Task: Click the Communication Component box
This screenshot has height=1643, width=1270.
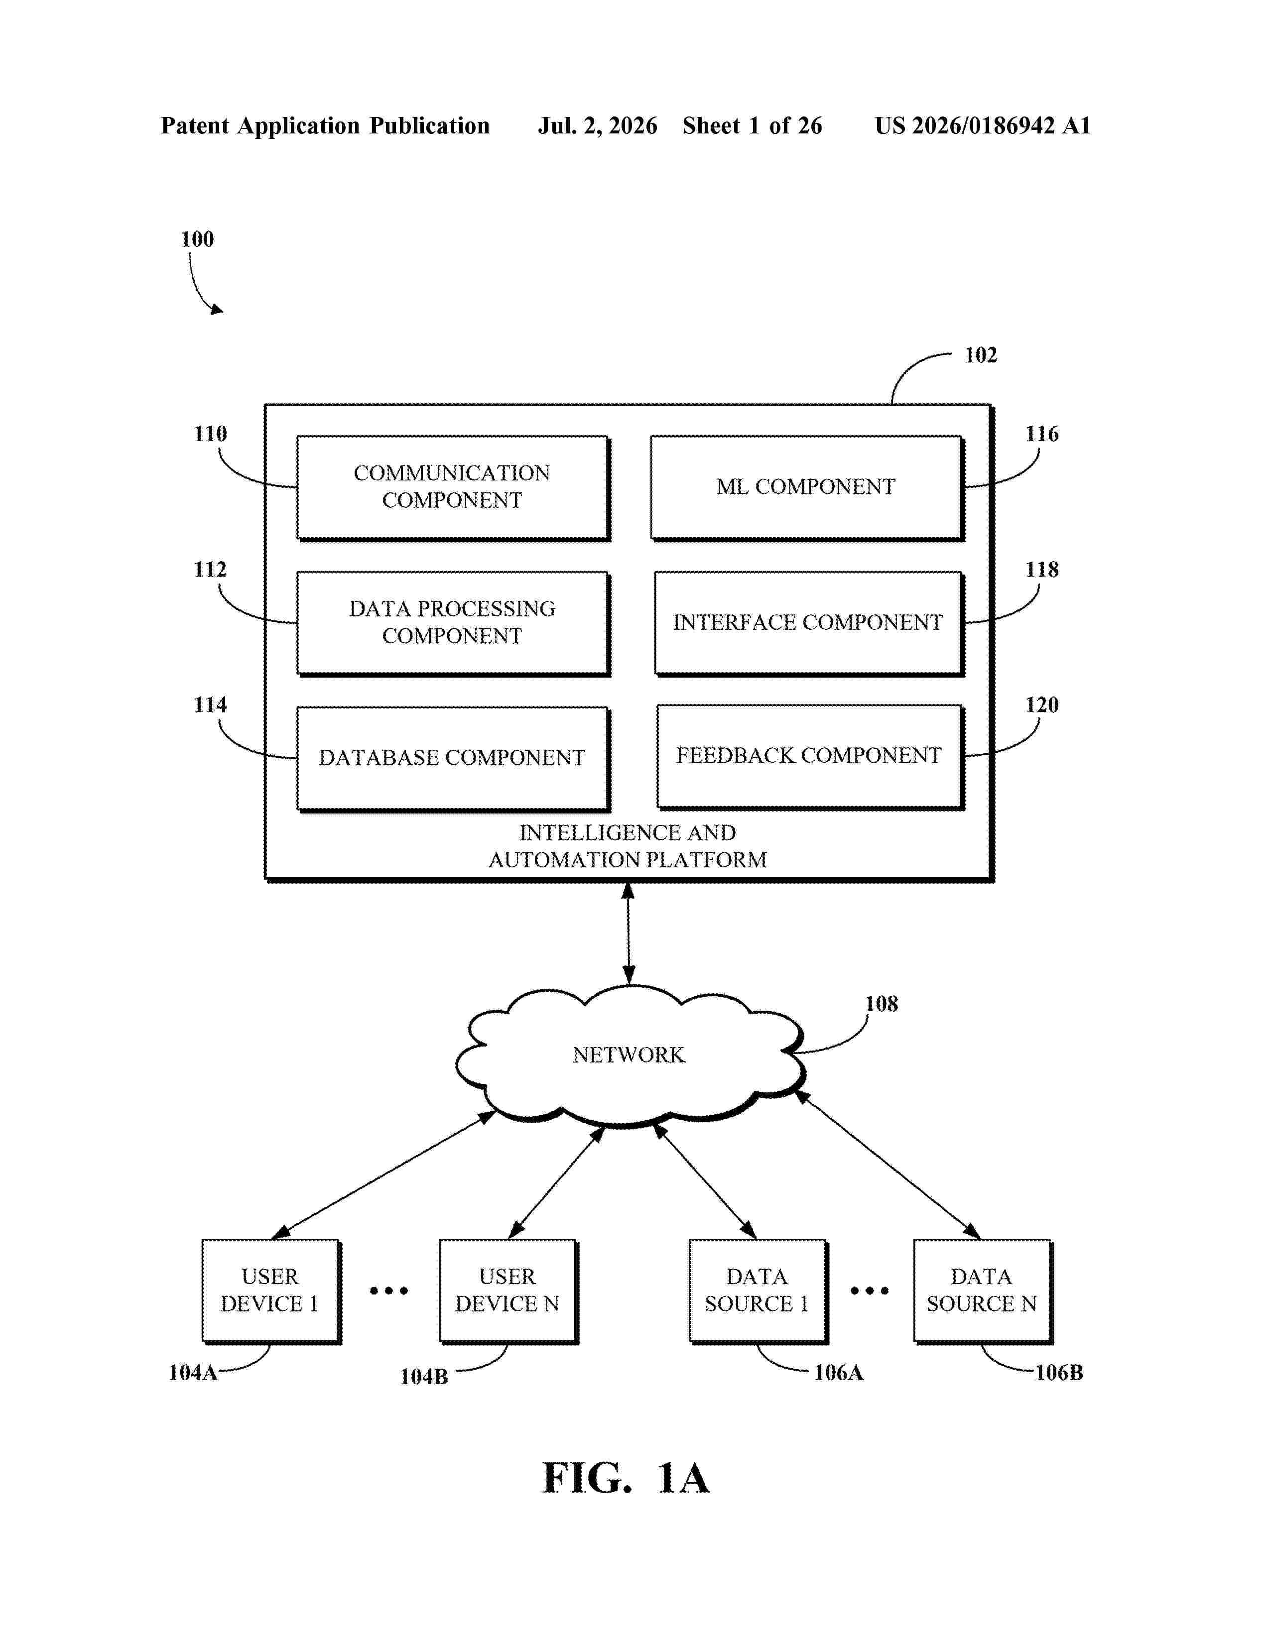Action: click(453, 487)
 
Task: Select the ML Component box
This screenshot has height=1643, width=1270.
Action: click(807, 487)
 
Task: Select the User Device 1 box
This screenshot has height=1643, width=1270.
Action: click(271, 1291)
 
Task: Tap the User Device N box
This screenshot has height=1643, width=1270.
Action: click(508, 1291)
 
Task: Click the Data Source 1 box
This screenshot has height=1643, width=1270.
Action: click(759, 1291)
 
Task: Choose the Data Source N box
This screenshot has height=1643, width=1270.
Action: click(983, 1291)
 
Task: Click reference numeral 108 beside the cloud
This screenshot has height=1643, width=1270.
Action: click(881, 1004)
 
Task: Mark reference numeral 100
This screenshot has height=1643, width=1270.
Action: click(197, 239)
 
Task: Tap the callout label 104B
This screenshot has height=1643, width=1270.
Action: click(424, 1377)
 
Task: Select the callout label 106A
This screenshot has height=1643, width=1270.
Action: click(839, 1373)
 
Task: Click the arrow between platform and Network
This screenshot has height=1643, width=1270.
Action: click(628, 933)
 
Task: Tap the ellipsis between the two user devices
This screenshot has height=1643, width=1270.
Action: click(389, 1291)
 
